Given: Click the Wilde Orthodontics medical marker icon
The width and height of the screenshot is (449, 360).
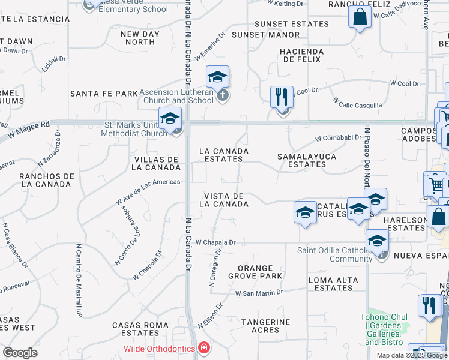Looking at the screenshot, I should [204, 349].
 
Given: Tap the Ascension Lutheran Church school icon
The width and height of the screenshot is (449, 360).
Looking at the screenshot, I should [218, 77].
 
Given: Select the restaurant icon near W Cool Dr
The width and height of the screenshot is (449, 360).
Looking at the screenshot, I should [282, 96].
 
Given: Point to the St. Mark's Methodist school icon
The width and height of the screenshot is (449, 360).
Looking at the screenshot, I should [170, 118].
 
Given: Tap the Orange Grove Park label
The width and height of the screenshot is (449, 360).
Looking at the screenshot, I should [255, 272].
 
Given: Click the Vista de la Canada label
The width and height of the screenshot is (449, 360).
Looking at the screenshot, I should [224, 200].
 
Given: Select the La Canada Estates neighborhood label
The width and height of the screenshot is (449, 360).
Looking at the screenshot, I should [224, 155].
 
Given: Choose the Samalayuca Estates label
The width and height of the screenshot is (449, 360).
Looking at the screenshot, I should [306, 160].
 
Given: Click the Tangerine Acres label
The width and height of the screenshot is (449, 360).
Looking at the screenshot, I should [265, 326].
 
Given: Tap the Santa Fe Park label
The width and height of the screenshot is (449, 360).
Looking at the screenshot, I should [104, 94].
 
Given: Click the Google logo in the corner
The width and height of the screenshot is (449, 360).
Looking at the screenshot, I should [20, 353].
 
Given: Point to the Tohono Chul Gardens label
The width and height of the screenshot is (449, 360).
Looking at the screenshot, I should [384, 329].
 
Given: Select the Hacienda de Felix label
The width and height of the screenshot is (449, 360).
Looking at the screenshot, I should [302, 56].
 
